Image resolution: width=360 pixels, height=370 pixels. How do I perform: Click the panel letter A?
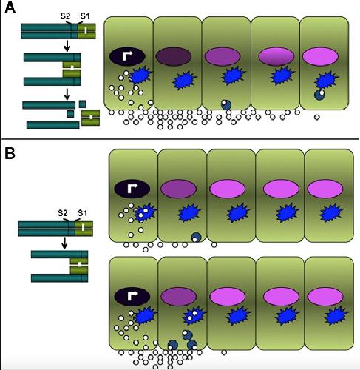tap(10, 8)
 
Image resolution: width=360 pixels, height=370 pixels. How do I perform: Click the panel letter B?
tap(10, 153)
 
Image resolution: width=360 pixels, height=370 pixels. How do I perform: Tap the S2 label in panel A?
tap(65, 16)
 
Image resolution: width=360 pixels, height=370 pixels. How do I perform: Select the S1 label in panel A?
tap(85, 16)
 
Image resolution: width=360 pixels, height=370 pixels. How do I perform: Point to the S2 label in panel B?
tap(63, 213)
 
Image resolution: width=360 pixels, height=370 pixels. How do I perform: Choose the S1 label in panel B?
tap(83, 213)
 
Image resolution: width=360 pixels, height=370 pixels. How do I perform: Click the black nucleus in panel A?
tap(127, 56)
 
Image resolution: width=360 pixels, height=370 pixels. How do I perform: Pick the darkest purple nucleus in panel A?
tap(174, 56)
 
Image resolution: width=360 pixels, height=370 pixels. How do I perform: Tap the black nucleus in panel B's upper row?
tap(132, 189)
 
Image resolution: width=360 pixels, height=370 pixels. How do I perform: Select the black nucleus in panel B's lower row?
tap(132, 297)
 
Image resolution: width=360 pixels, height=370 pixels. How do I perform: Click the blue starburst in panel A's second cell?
tap(184, 80)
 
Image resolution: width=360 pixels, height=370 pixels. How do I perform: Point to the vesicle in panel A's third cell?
tap(226, 104)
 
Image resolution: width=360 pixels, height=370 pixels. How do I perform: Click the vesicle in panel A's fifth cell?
tap(319, 95)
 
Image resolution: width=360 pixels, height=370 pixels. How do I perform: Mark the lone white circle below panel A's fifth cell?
tap(317, 118)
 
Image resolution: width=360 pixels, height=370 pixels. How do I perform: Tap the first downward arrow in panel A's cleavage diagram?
tap(67, 46)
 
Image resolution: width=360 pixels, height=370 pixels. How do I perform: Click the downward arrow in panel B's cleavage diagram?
tap(64, 243)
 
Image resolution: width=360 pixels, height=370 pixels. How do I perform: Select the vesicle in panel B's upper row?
tap(196, 238)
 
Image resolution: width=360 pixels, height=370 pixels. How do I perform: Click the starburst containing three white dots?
tap(144, 212)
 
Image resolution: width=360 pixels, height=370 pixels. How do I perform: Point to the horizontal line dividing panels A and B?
tap(180, 139)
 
